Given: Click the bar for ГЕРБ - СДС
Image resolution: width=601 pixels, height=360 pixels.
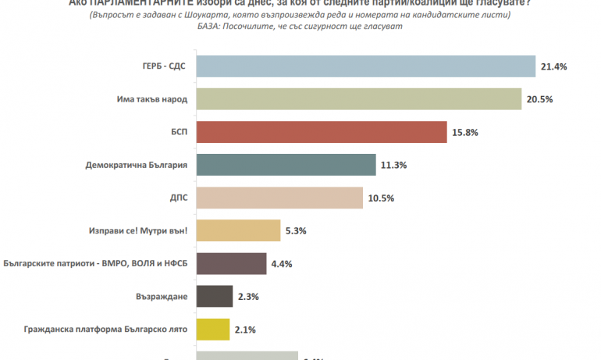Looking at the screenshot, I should coord(365,67).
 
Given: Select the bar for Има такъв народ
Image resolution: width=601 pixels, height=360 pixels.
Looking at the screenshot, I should coord(358,100).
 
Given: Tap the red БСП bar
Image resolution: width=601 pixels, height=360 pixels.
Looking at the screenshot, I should coord(321,133).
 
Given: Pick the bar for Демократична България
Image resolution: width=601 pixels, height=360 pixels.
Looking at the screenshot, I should coord(286,166).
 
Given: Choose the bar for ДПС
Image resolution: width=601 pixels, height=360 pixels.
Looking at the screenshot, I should coord(279,198).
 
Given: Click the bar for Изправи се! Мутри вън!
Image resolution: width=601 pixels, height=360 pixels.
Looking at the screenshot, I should coord(237,231).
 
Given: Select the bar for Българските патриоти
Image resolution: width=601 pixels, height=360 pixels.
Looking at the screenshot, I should coord(230,264).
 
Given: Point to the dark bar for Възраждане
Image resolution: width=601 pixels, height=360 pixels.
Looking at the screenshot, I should coord(213,297).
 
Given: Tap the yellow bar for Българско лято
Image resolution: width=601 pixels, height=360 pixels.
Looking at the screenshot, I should coord(212,330).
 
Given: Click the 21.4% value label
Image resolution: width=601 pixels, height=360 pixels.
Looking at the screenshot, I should coord(553,67).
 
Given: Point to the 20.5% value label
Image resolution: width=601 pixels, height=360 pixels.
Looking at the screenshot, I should coord(539,100).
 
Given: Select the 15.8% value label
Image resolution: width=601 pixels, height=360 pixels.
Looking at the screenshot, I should coord(465,133).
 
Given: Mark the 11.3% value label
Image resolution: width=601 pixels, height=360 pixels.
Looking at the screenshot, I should coord(394,166).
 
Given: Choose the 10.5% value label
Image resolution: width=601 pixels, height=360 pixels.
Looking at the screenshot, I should coord(380,198).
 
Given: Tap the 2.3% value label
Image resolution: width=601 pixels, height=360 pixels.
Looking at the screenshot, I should coord(247,297).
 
